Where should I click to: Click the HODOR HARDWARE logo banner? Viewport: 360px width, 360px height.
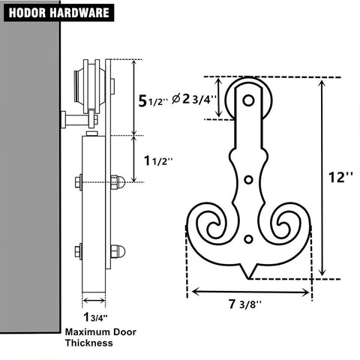point(59,13)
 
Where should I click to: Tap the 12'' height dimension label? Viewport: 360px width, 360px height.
point(340,178)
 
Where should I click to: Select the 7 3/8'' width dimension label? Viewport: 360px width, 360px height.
point(245,304)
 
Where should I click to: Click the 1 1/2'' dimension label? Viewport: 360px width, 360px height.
point(158,160)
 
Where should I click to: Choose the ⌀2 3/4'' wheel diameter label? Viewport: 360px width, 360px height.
point(193,99)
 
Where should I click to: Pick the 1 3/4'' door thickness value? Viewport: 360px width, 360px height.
point(95,317)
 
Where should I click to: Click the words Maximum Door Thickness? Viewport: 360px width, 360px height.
point(100,337)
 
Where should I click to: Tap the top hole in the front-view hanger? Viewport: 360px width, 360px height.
point(248,100)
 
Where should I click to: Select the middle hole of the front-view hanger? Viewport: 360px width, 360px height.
point(248,180)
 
